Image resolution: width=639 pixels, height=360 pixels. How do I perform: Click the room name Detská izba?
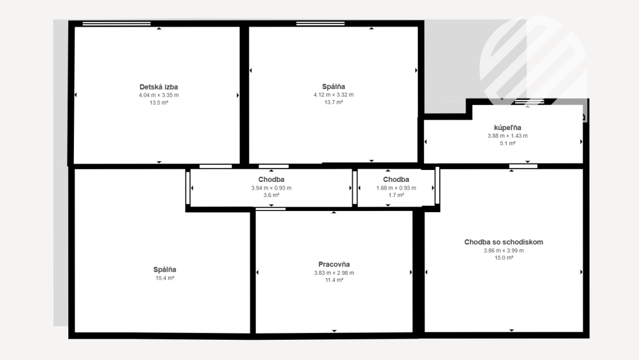159,87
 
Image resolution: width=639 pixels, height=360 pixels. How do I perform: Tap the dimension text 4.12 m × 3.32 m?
334,95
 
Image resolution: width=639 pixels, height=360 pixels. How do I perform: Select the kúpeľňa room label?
508,128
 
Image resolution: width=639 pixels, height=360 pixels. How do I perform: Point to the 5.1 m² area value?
508,143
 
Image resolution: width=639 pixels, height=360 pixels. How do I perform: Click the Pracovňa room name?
334,265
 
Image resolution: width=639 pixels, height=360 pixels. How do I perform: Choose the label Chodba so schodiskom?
504,242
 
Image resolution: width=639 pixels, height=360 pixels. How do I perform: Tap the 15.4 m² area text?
164,278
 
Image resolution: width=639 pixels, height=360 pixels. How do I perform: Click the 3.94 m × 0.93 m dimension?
271,188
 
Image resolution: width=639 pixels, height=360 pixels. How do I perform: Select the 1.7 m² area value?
396,195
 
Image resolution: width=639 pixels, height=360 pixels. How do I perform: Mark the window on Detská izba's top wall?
116,24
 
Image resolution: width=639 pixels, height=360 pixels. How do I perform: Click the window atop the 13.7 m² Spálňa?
320,24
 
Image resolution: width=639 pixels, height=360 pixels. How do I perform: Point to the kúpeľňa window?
528,102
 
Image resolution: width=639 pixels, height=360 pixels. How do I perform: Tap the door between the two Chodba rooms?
355,188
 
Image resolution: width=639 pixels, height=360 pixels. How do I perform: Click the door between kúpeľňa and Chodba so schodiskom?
523,166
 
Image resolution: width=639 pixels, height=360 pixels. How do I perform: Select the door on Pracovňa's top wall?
271,208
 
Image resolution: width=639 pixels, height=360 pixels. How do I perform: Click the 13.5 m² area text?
159,102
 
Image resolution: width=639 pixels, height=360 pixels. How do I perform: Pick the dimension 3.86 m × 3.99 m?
504,251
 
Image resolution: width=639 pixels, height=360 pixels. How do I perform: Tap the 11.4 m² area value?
334,280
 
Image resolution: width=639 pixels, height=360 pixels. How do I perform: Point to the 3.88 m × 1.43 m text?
508,136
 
